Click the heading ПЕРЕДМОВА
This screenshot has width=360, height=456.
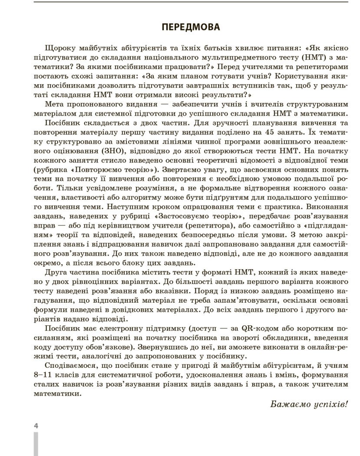tap(191, 27)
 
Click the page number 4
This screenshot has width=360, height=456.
tap(36, 426)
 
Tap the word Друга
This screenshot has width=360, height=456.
tap(56, 272)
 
